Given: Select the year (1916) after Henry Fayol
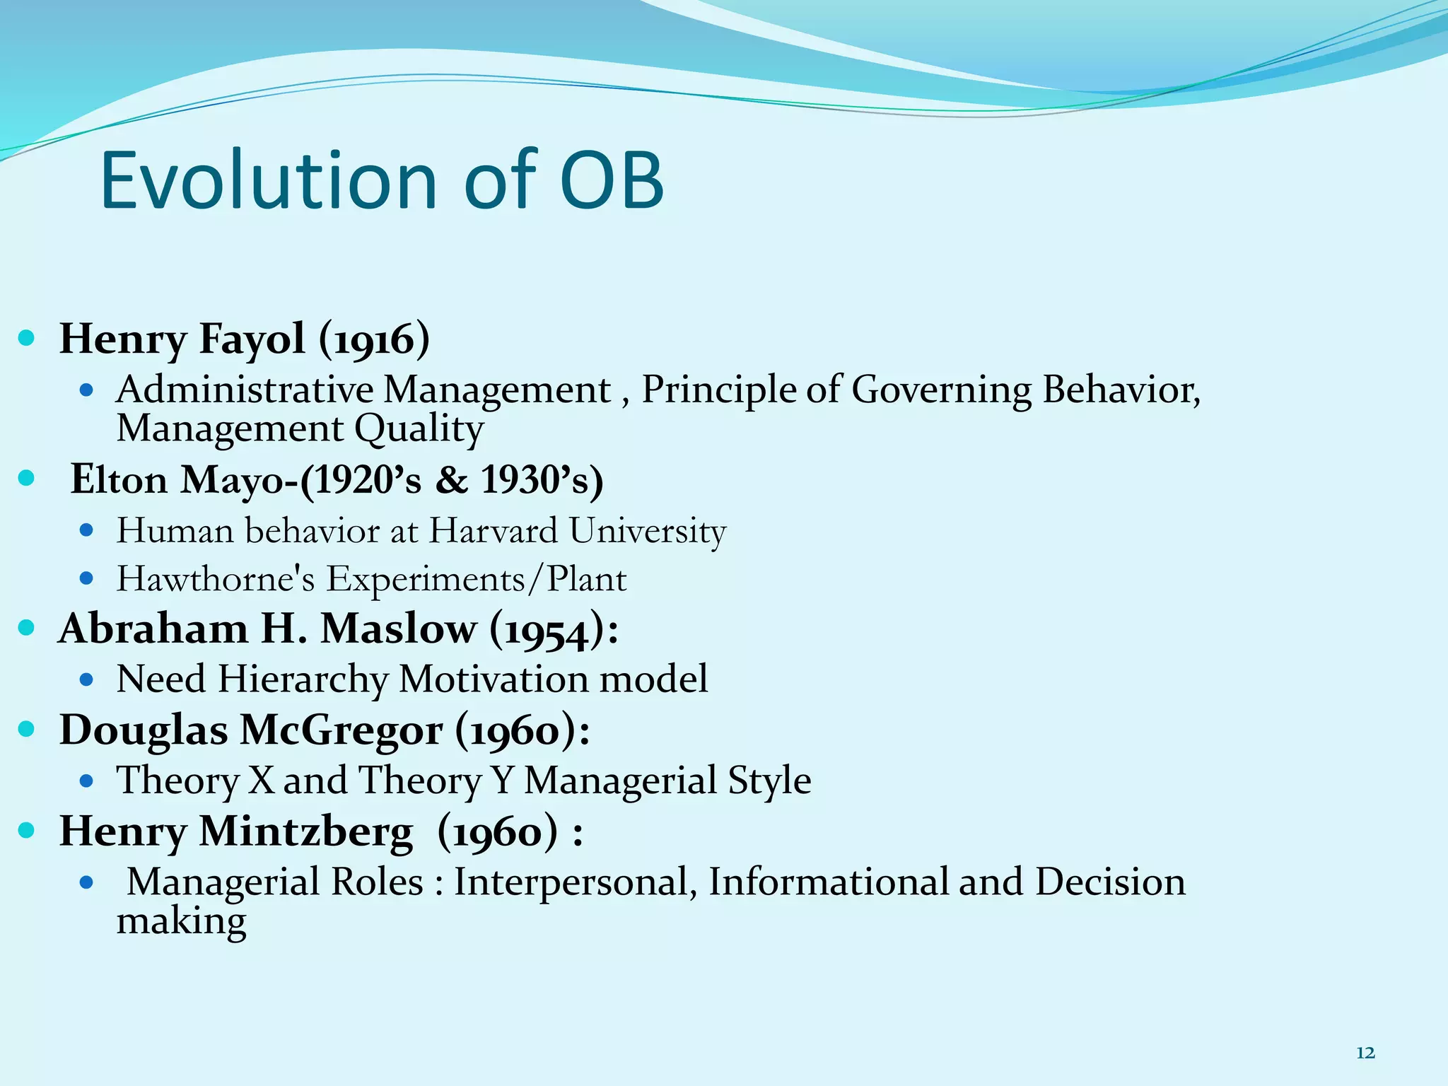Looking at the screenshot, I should pyautogui.click(x=374, y=339).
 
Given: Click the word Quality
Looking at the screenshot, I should pyautogui.click(x=419, y=428).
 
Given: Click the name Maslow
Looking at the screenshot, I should pyautogui.click(x=399, y=629).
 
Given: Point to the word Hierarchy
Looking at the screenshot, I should pyautogui.click(x=303, y=679).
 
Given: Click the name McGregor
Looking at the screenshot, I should pyautogui.click(x=341, y=730).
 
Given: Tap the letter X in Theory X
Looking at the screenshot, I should pyautogui.click(x=262, y=780).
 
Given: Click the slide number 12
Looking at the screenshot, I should pyautogui.click(x=1365, y=1053).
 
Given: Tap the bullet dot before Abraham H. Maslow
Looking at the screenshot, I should pyautogui.click(x=26, y=628).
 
